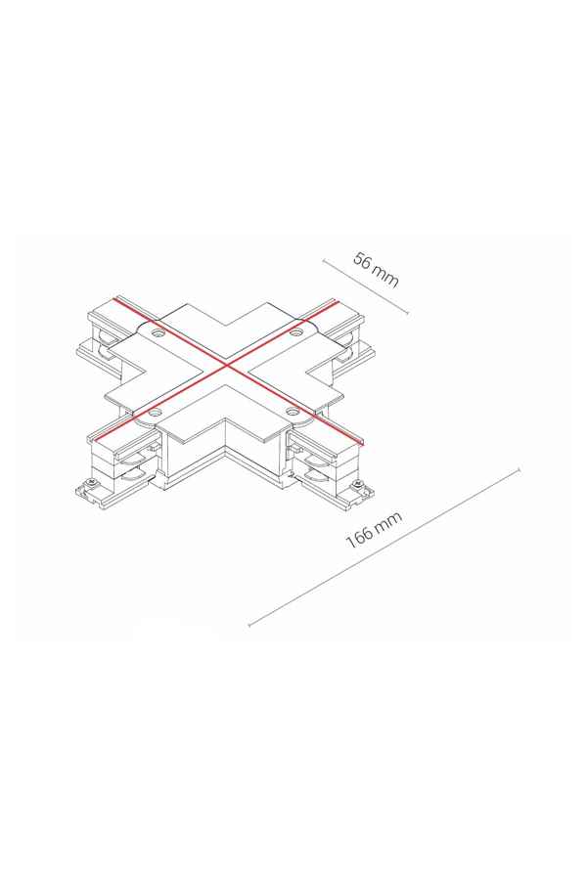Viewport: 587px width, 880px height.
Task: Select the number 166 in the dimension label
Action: (358, 537)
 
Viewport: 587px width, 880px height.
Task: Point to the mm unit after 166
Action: (388, 520)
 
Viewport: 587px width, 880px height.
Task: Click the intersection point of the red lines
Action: (227, 367)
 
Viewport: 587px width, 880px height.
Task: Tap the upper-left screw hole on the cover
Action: (158, 333)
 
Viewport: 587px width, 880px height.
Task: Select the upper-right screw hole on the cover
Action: (294, 333)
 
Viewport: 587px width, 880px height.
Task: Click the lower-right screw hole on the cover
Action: (292, 412)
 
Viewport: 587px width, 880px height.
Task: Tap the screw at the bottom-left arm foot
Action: (89, 483)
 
